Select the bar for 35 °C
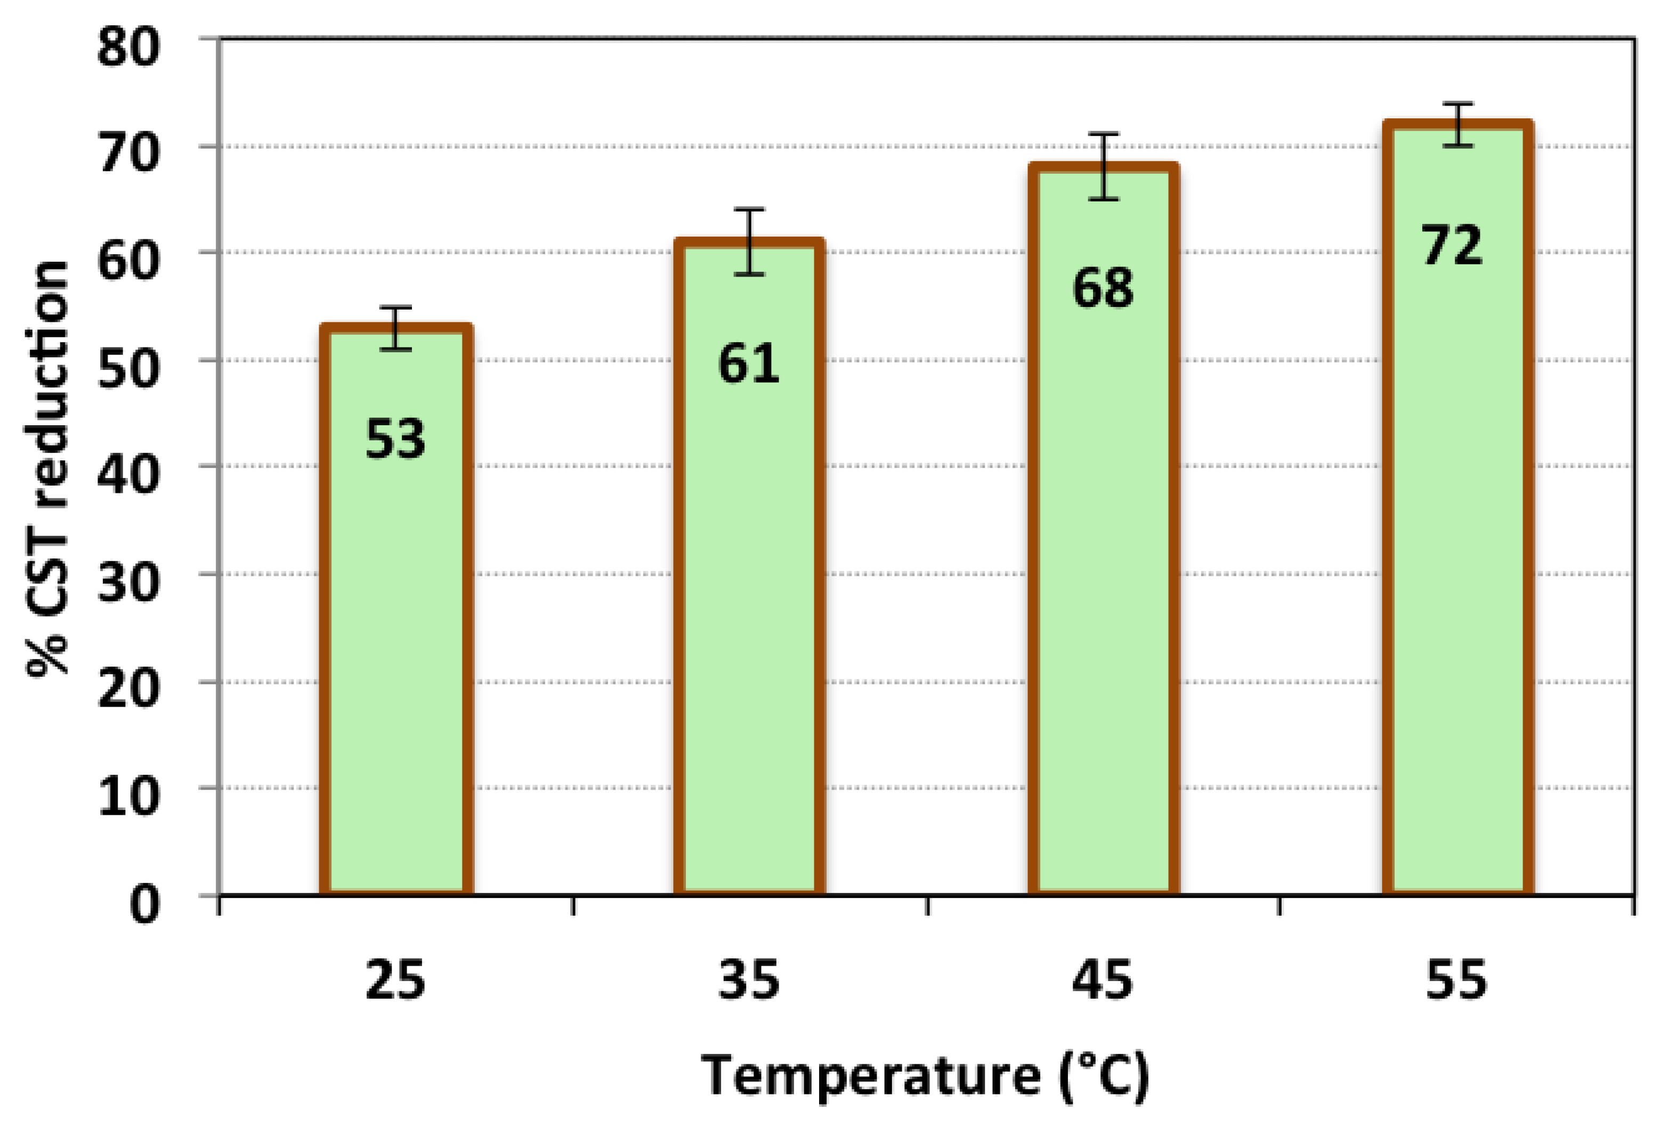749,607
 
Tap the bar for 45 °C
1103,571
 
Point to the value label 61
749,363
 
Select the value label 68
1103,288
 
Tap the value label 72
1453,246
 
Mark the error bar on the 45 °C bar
1104,166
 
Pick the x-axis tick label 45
1103,981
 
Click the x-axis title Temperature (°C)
925,1075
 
